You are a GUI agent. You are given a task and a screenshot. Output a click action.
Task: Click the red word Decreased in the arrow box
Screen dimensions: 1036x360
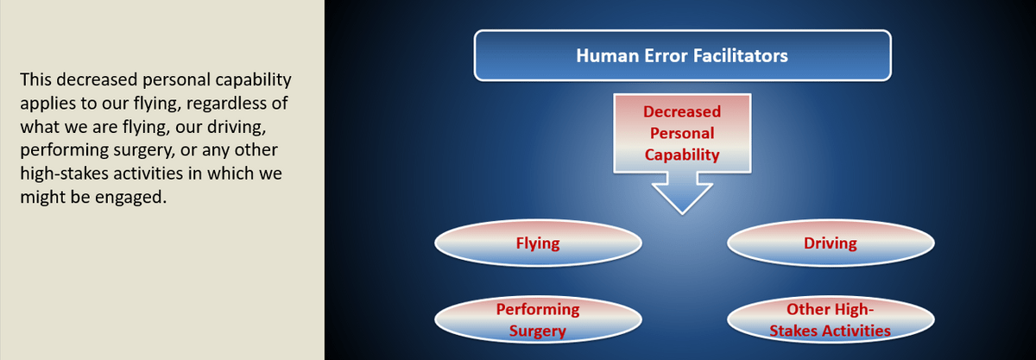(682, 111)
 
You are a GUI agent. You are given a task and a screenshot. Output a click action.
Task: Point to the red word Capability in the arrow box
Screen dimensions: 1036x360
(682, 155)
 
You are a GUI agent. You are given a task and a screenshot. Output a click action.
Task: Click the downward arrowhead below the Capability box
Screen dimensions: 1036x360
(682, 193)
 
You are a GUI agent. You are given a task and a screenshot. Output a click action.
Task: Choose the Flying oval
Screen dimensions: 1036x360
(538, 243)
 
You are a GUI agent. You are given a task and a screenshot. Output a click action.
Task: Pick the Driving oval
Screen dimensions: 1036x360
(831, 243)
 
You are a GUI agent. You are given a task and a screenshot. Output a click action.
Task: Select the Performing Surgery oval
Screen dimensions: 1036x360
(538, 319)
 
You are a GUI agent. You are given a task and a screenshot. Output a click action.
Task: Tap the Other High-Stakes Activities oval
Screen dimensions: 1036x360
(831, 319)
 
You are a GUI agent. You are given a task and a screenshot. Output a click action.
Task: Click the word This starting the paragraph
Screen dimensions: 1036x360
(35, 79)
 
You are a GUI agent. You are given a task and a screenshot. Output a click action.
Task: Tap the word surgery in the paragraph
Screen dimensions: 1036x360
(154, 150)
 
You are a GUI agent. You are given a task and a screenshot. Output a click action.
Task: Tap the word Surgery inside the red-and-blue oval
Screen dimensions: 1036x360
(538, 332)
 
